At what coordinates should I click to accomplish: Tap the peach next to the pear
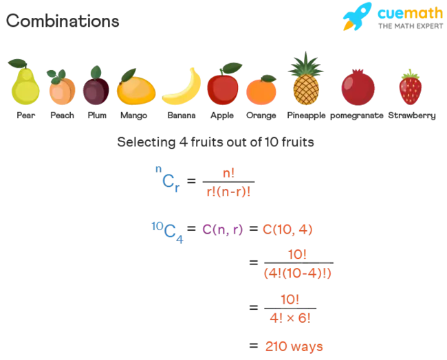coord(61,89)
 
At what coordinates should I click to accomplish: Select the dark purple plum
coord(95,89)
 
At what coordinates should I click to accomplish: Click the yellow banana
coord(183,88)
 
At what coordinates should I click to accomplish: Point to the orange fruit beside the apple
coord(261,90)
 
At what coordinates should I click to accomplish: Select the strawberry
coord(410,89)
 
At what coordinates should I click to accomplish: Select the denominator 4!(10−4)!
coord(298,273)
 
